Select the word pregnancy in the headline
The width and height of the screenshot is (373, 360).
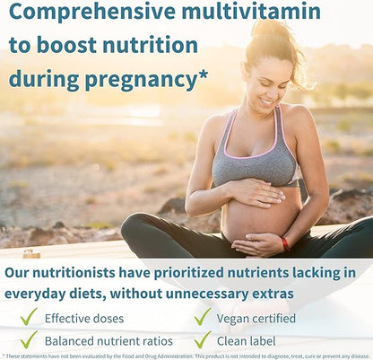pos(138,80)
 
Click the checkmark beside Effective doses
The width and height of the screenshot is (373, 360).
pos(29,316)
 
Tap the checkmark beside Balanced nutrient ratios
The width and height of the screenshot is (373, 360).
pos(29,339)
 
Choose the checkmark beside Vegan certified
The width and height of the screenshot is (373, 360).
pos(203,316)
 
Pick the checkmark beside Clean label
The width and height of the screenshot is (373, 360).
pos(203,339)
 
